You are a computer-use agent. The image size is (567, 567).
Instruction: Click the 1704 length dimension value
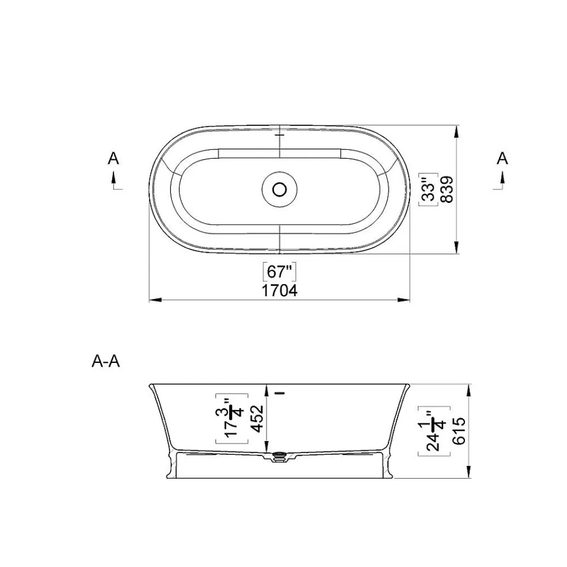[x=280, y=290]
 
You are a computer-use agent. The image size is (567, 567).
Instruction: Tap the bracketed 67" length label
[x=279, y=272]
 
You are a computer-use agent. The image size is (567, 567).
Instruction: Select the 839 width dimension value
[x=447, y=189]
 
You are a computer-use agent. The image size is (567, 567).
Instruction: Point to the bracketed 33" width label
[x=429, y=189]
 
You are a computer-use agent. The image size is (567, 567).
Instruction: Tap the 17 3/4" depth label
[x=232, y=418]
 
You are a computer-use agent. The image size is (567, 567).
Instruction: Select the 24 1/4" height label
[x=434, y=431]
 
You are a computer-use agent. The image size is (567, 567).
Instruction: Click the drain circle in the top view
[x=280, y=189]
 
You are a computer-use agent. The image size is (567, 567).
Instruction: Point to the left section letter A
[x=113, y=158]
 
